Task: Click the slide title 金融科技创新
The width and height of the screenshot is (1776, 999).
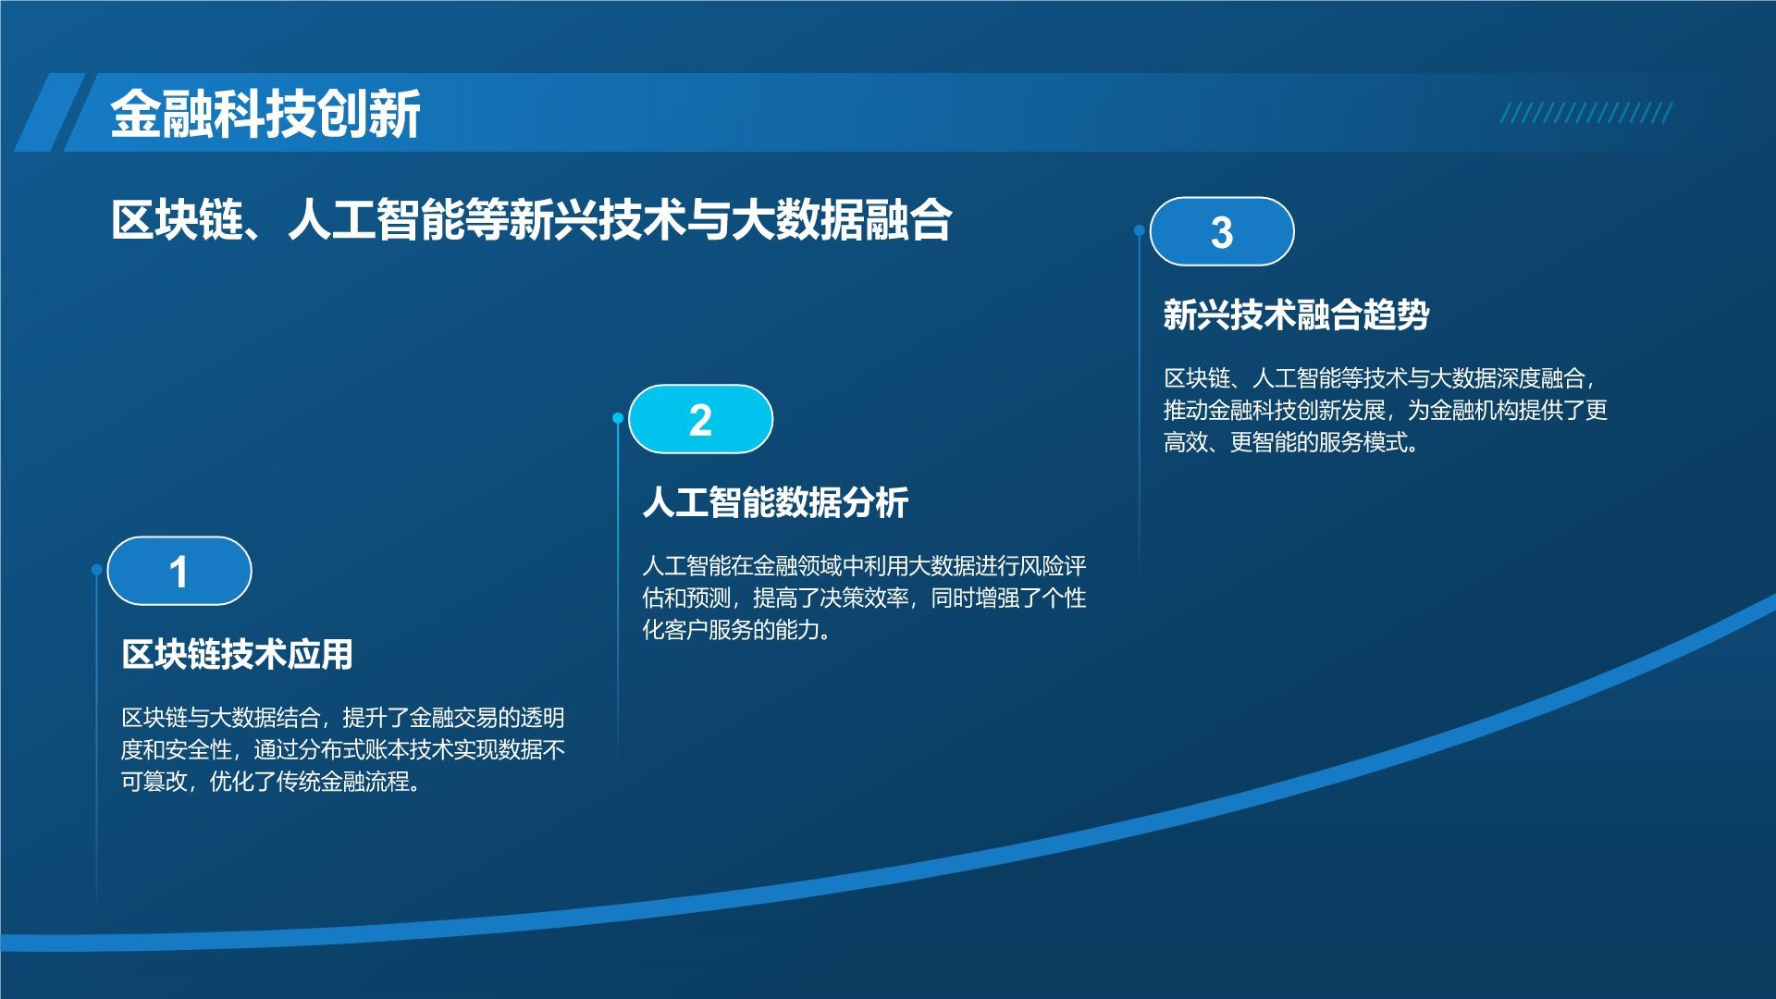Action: pos(265,115)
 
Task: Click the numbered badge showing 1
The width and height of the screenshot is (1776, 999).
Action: pos(179,571)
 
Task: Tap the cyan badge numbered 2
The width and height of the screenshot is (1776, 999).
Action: pos(700,419)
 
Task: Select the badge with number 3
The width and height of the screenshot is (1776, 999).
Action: pos(1222,231)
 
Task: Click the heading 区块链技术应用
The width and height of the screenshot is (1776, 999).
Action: pos(238,654)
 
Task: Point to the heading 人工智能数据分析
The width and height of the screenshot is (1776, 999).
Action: pos(775,502)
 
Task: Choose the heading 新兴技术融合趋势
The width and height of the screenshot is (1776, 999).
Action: pos(1296,314)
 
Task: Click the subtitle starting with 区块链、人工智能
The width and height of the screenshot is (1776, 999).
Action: pos(531,220)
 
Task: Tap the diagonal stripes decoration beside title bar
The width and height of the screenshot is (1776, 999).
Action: pos(1586,113)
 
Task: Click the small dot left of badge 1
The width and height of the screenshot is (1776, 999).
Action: pos(96,570)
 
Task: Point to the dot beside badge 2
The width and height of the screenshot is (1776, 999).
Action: pos(618,418)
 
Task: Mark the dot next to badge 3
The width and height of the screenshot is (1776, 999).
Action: pos(1140,230)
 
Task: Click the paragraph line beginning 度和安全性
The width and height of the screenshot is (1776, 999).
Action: pos(343,749)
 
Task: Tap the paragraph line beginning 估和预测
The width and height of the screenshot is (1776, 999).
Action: pos(864,598)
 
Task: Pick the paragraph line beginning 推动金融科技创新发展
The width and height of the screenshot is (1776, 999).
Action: pos(1386,410)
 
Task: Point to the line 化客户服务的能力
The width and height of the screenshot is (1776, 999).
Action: pos(736,630)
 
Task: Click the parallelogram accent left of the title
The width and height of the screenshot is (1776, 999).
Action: pos(49,112)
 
